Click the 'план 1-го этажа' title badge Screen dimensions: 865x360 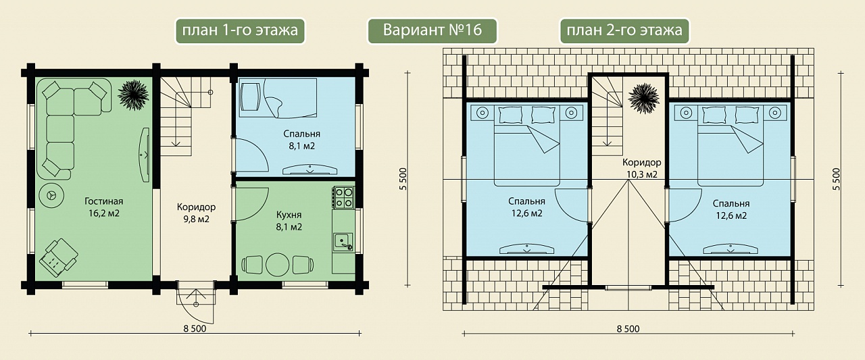240,30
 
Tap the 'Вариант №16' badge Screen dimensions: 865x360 432,30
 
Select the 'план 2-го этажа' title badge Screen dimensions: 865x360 624,30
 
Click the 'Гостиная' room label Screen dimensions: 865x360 104,201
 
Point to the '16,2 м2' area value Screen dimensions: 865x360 104,213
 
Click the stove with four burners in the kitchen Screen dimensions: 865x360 343,197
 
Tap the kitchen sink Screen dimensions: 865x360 343,242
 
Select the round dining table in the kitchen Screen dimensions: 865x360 277,265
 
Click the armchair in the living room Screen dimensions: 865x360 58,257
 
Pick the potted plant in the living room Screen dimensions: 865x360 133,95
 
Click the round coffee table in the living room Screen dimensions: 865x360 52,195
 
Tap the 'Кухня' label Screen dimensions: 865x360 289,215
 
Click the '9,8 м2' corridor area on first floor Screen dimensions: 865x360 196,219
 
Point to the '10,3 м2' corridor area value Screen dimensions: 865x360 642,174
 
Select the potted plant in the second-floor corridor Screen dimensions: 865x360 643,99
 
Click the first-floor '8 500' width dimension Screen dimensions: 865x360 195,329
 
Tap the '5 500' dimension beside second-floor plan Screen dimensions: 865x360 836,179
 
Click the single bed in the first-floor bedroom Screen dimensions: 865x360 278,98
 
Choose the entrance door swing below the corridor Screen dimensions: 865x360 196,303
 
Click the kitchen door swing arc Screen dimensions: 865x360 252,205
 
